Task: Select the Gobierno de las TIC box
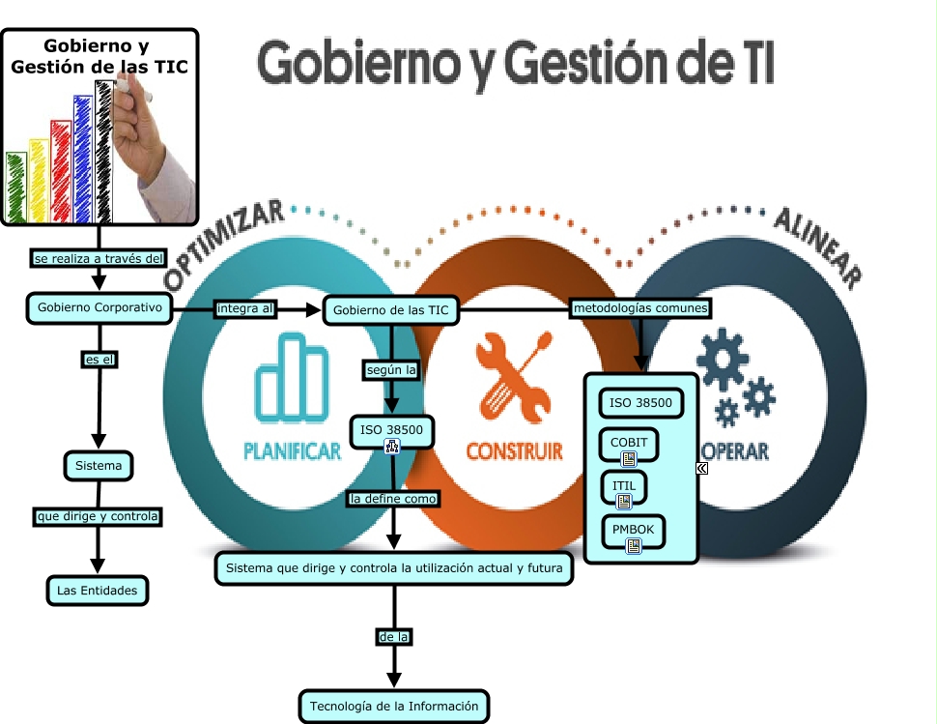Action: coord(390,311)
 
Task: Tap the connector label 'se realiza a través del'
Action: coord(99,258)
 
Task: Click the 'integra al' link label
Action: coord(245,309)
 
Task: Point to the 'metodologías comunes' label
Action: coord(640,308)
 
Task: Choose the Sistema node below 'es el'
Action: coord(99,466)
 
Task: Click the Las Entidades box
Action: coord(97,590)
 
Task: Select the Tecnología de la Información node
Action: coord(393,706)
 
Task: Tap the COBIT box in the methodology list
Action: coord(629,443)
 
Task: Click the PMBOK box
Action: coord(633,531)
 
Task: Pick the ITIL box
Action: coord(623,486)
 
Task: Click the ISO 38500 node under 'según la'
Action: coord(391,430)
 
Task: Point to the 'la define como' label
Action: coord(393,499)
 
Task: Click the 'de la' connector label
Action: coord(393,637)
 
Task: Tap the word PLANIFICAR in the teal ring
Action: coord(292,451)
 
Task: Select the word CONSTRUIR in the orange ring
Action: coord(514,451)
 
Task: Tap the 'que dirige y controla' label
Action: coord(97,517)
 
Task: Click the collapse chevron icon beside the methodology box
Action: coord(702,468)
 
